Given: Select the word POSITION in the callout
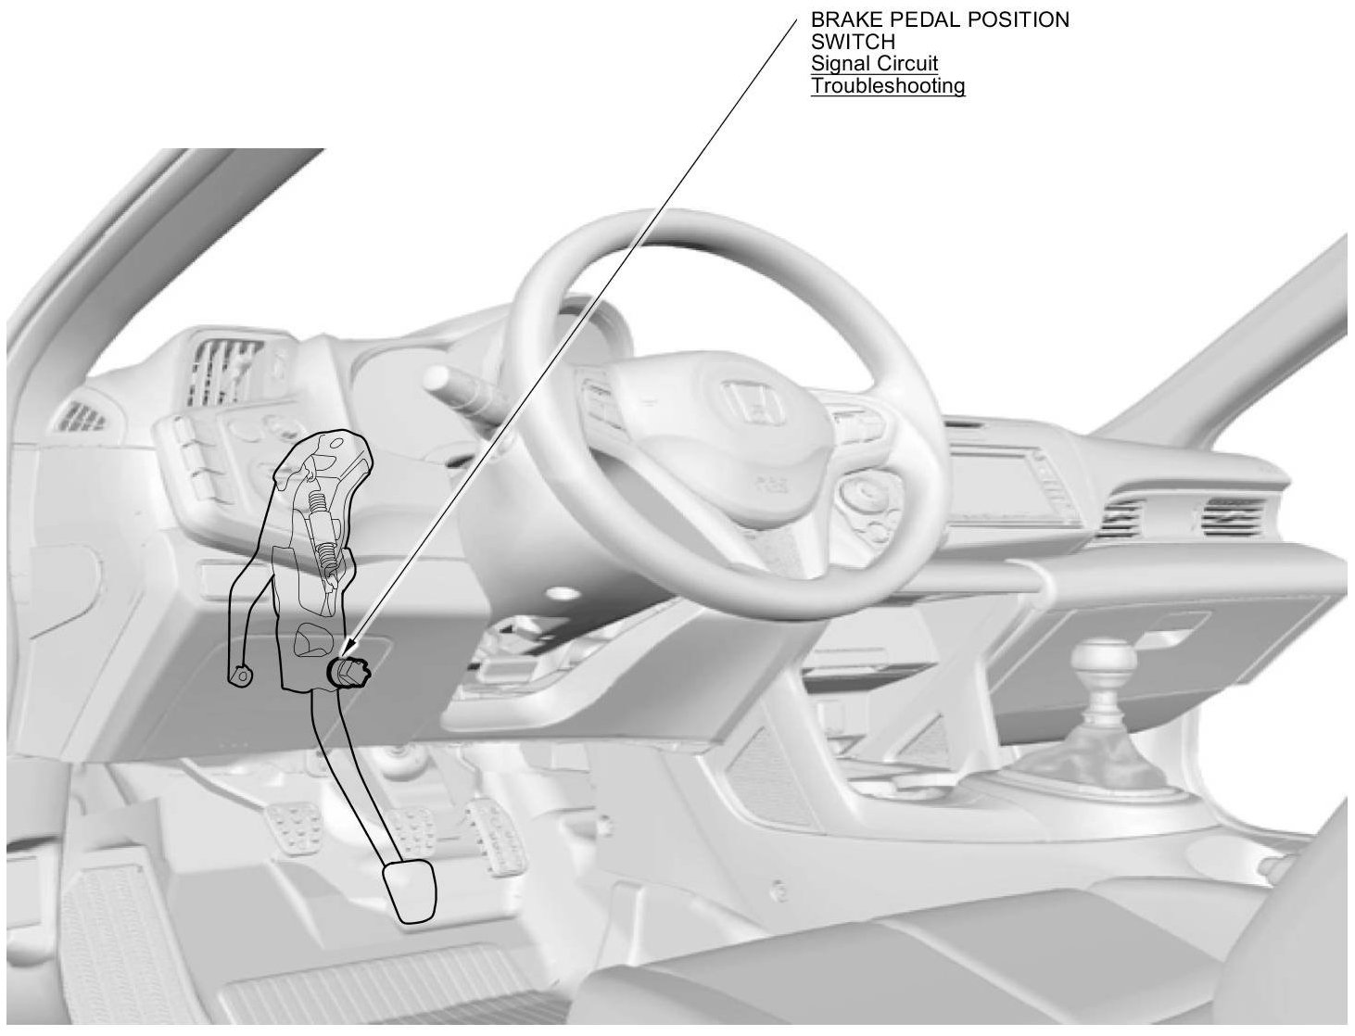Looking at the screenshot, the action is [1025, 19].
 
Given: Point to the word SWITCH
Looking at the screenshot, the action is [853, 42].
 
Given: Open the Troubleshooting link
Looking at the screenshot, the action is [888, 86].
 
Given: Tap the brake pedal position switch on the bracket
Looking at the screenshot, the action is [349, 671].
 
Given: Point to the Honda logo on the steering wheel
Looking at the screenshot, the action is [750, 404].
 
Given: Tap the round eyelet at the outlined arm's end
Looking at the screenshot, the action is [241, 676].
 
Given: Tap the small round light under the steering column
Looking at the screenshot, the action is [559, 591].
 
